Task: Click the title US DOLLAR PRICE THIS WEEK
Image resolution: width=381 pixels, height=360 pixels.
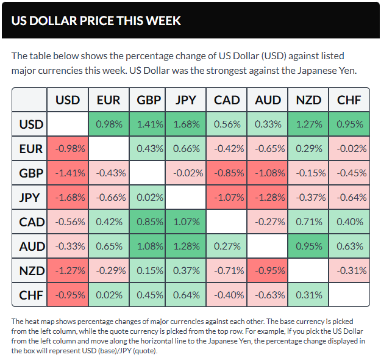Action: tap(96, 20)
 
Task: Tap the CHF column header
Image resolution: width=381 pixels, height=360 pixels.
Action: tap(349, 100)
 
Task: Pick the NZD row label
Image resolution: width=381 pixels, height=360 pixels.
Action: tap(30, 270)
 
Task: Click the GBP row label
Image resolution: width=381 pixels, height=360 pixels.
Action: tap(30, 173)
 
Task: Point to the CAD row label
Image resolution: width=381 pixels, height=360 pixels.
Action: tap(30, 221)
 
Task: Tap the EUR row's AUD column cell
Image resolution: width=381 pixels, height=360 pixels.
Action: tap(268, 148)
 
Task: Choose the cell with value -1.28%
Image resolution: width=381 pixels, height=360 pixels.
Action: tap(268, 197)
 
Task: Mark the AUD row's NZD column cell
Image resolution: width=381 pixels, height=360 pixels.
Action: tap(308, 246)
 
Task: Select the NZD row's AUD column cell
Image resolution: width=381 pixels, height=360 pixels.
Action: tap(268, 270)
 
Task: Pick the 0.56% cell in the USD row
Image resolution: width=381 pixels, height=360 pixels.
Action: tap(227, 124)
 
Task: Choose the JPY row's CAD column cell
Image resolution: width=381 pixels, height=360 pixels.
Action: tap(227, 197)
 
